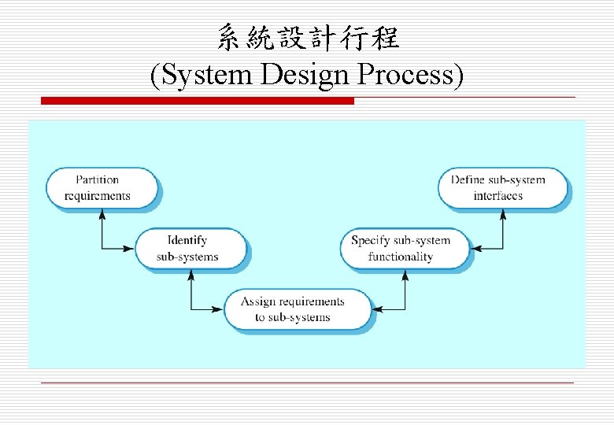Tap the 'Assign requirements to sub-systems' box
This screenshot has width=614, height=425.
[x=296, y=309]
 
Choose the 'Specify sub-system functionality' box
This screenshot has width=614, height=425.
[x=403, y=249]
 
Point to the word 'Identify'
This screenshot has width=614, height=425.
[x=187, y=241]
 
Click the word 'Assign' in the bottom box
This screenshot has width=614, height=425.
[x=257, y=301]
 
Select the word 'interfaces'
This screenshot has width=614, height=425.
[x=498, y=196]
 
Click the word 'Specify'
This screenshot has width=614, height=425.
[x=369, y=241]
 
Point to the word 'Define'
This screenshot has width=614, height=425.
[x=467, y=180]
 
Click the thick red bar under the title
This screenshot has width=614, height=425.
[x=197, y=101]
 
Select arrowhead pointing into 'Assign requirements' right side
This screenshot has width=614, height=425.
[x=377, y=309]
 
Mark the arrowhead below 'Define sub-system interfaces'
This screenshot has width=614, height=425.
[x=502, y=215]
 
